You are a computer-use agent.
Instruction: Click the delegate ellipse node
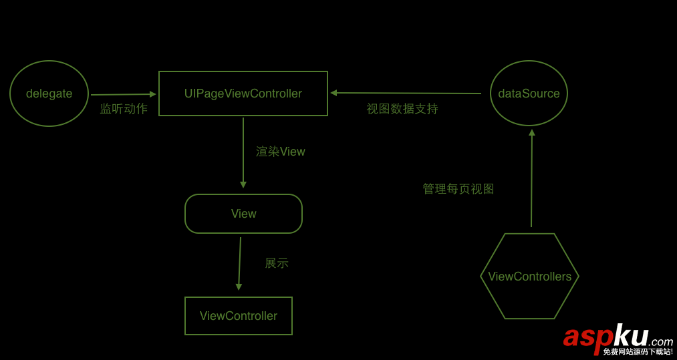coord(49,94)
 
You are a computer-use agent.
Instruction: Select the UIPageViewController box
coord(243,94)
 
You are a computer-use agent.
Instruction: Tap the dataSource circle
coord(529,94)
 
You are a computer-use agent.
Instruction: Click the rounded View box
coord(243,214)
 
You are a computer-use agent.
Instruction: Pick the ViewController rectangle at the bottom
coord(238,316)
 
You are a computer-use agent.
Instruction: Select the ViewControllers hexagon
coord(529,277)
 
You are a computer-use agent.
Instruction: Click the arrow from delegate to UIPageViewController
coord(123,94)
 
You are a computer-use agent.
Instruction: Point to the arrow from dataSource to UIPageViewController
coord(406,93)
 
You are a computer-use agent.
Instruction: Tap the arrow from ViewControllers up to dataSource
coord(532,178)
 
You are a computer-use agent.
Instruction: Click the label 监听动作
coord(124,109)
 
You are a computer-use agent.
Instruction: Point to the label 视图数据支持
coord(402,109)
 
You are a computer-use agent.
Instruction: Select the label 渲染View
coord(281,152)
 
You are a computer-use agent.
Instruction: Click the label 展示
coord(277,263)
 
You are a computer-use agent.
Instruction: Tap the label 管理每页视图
coord(458,189)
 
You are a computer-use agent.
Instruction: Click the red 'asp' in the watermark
coord(587,336)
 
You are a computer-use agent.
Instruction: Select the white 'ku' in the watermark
coord(630,335)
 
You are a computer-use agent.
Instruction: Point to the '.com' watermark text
coord(660,341)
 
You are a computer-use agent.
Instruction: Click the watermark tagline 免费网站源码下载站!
coord(638,352)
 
